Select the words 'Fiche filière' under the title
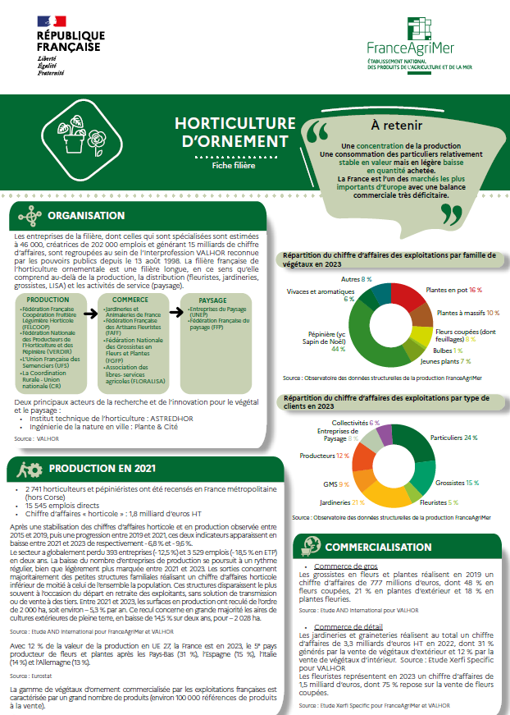(234, 165)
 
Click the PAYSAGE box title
(212, 300)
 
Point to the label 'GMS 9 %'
(338, 484)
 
